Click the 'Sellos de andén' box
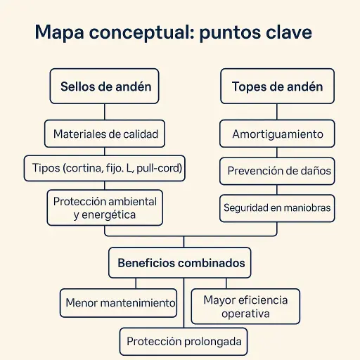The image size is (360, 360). pos(104,86)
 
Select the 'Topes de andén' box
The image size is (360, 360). pos(277,86)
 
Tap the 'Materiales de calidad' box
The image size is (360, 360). pos(105,134)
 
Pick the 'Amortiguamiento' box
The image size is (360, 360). pos(277,134)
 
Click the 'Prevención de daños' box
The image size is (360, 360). pos(277,171)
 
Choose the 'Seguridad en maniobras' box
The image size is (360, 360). pos(277,208)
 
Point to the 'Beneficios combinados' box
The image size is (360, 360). pos(180,263)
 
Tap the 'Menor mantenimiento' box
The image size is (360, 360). pos(118,303)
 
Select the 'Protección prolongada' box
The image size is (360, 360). pos(184,342)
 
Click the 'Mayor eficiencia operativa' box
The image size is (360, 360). pos(245,307)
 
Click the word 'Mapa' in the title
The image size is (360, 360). pos(59,32)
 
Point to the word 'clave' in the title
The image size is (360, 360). pos(289,32)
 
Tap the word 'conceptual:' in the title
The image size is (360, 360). pos(142,32)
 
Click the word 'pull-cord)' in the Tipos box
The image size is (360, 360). pos(159,168)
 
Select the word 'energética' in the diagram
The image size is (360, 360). pos(108,215)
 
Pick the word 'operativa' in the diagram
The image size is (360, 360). pos(245,314)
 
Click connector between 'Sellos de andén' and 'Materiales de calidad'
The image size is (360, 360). pos(105,112)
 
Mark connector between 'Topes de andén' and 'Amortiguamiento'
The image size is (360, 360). pos(277,112)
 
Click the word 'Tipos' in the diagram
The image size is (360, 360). pos(46,168)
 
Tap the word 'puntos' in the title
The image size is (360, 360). pos(230,33)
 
